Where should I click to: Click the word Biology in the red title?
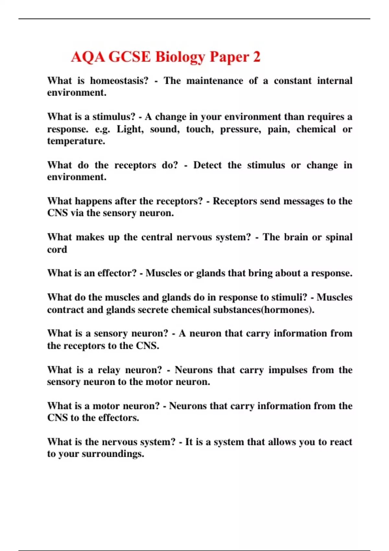coord(180,57)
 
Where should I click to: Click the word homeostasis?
coord(119,81)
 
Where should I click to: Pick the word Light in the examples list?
coord(130,129)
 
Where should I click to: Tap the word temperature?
coord(76,141)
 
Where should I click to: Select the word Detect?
coord(207,165)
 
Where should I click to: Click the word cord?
coord(57,249)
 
